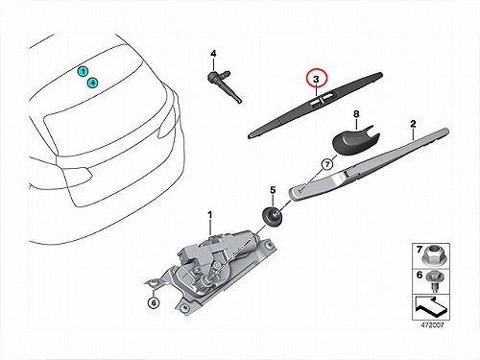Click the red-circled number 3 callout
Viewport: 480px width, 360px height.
(316, 79)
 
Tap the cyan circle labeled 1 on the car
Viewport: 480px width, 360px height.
(83, 71)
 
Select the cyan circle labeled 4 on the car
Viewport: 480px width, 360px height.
(92, 83)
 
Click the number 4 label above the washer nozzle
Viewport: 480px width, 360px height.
(213, 54)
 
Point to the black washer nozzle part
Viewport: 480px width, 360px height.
(224, 84)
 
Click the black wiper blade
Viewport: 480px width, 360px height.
(315, 105)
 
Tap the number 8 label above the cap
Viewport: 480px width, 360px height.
(356, 113)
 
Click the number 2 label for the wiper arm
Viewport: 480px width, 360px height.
(413, 124)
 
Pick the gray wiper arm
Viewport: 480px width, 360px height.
(369, 165)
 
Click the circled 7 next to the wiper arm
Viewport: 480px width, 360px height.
(327, 164)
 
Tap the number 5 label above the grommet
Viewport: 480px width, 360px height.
(273, 190)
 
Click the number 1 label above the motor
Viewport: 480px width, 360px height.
(210, 215)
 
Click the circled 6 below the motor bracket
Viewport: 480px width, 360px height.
(154, 302)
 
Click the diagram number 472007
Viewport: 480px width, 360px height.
(432, 325)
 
